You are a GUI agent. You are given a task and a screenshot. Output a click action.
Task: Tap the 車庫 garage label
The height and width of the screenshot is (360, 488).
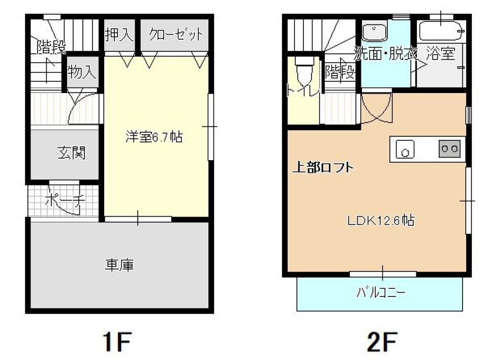pos(119,265)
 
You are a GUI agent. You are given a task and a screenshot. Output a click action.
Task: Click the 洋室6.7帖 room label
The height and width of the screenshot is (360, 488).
pos(155,137)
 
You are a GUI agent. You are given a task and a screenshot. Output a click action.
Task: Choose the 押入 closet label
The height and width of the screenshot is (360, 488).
pos(119,35)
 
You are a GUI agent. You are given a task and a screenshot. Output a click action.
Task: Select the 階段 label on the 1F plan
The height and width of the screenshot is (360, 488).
pos(51,48)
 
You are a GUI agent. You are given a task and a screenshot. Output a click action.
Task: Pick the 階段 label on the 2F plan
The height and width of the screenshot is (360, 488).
pos(340,72)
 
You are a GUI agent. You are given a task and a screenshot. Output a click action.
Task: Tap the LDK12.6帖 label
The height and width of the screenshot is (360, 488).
pos(380,221)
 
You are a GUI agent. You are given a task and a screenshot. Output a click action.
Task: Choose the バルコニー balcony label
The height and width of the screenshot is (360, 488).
pos(381,293)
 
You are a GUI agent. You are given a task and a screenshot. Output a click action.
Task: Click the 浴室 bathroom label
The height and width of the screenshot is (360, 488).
pos(440,53)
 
